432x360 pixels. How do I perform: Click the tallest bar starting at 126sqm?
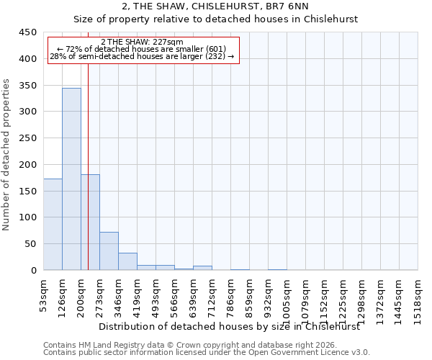(x=71, y=179)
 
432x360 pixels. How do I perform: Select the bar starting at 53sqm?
(x=53, y=224)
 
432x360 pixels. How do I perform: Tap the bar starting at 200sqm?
(x=90, y=222)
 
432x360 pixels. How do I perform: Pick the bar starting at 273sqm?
(x=109, y=251)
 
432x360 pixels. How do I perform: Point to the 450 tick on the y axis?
(x=28, y=32)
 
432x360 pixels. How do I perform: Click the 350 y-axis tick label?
(x=28, y=86)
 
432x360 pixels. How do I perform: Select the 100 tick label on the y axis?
(x=28, y=217)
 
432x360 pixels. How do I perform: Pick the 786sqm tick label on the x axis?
(x=230, y=295)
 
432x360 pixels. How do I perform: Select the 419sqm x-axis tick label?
(x=137, y=295)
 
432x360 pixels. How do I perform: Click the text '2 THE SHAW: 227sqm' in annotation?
(x=142, y=42)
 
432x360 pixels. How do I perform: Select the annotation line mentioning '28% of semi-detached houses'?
(x=142, y=56)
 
